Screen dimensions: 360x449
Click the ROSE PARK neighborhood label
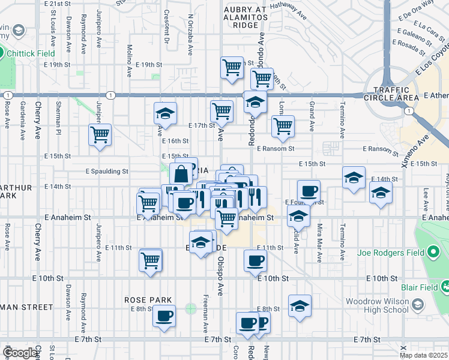click(x=148, y=299)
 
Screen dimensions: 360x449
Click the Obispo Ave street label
click(x=220, y=272)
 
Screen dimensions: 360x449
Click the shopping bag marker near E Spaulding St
click(x=181, y=174)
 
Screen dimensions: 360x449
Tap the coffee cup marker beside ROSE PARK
click(x=164, y=316)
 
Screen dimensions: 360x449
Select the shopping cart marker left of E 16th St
click(x=100, y=134)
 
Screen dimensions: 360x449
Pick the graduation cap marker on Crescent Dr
click(x=166, y=113)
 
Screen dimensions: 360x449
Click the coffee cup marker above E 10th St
click(x=255, y=260)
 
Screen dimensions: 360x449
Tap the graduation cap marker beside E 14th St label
click(x=354, y=178)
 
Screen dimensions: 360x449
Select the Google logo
click(x=20, y=352)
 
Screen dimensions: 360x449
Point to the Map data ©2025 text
click(x=424, y=355)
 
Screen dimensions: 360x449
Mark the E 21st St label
click(x=58, y=4)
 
